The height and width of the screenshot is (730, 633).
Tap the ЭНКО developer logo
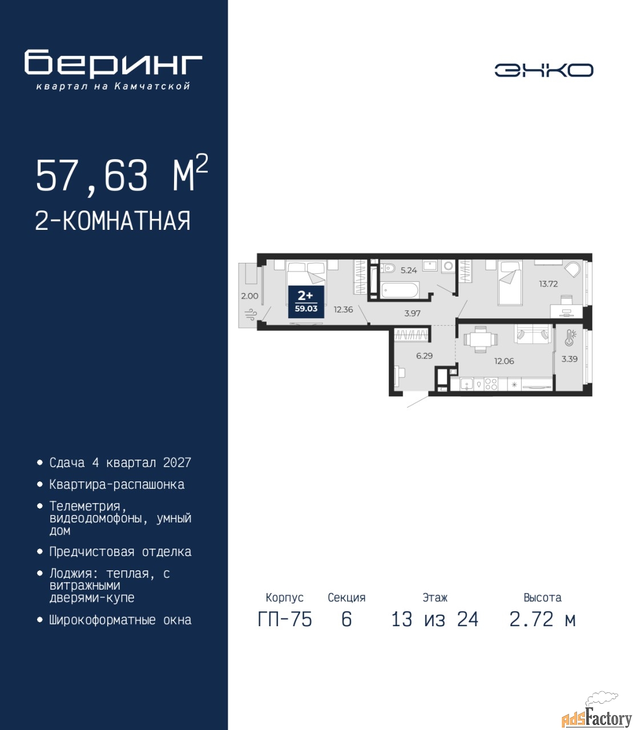coord(543,70)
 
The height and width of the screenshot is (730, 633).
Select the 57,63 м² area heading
coord(122,175)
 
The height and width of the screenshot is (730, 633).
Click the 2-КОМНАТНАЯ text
coord(113,221)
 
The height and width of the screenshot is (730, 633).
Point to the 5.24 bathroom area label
coord(409,270)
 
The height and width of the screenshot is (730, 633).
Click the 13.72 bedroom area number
coord(548,283)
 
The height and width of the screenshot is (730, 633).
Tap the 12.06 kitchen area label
coord(504,361)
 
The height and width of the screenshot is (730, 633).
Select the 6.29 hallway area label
coord(424,356)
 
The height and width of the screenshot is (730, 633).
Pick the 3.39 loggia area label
coord(570,359)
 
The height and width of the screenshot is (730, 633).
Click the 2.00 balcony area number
coord(249,296)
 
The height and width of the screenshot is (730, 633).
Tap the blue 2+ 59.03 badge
coord(306,302)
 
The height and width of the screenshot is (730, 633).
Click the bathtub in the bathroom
coord(400,290)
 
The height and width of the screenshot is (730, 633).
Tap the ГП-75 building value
coord(285,619)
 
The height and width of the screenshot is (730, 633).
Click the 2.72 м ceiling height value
coord(542,619)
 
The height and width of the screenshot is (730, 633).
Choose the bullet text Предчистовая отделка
coord(120,551)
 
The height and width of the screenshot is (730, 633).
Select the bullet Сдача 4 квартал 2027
coord(120,463)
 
